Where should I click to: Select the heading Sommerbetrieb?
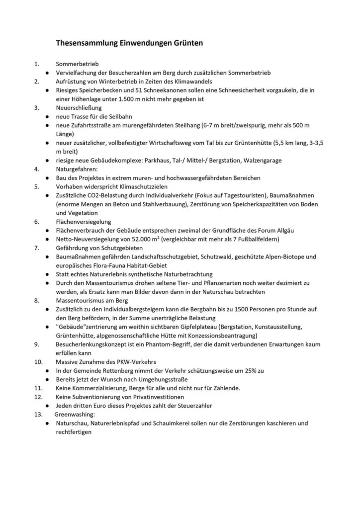click(78, 64)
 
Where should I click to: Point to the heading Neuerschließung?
click(79, 107)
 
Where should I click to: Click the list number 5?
click(36, 186)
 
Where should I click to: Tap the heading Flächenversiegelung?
click(84, 222)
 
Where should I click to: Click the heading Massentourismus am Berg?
click(92, 300)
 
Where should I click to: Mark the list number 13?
click(38, 414)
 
